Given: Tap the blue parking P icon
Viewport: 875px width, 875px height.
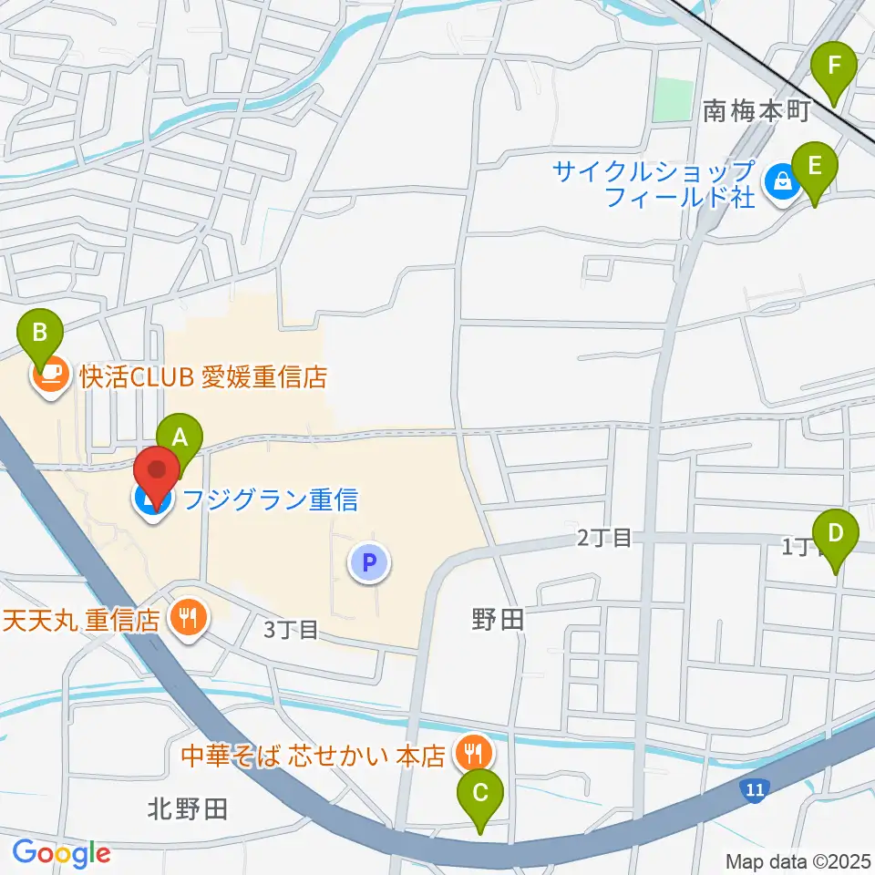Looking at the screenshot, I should click(x=369, y=563).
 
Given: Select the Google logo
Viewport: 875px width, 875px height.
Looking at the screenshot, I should click(x=61, y=853).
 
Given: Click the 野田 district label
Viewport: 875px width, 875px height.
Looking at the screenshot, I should click(x=498, y=621).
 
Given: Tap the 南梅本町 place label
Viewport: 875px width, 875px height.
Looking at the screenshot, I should click(x=757, y=112).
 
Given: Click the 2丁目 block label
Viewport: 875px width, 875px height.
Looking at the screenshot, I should click(x=603, y=538).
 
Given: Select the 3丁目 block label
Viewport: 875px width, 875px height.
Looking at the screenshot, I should click(x=291, y=629).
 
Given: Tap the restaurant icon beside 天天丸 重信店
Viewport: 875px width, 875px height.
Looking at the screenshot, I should click(x=189, y=620).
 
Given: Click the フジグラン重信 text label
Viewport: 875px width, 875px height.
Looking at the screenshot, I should click(x=271, y=499).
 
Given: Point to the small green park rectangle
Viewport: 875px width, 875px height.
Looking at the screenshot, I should click(x=674, y=100).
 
